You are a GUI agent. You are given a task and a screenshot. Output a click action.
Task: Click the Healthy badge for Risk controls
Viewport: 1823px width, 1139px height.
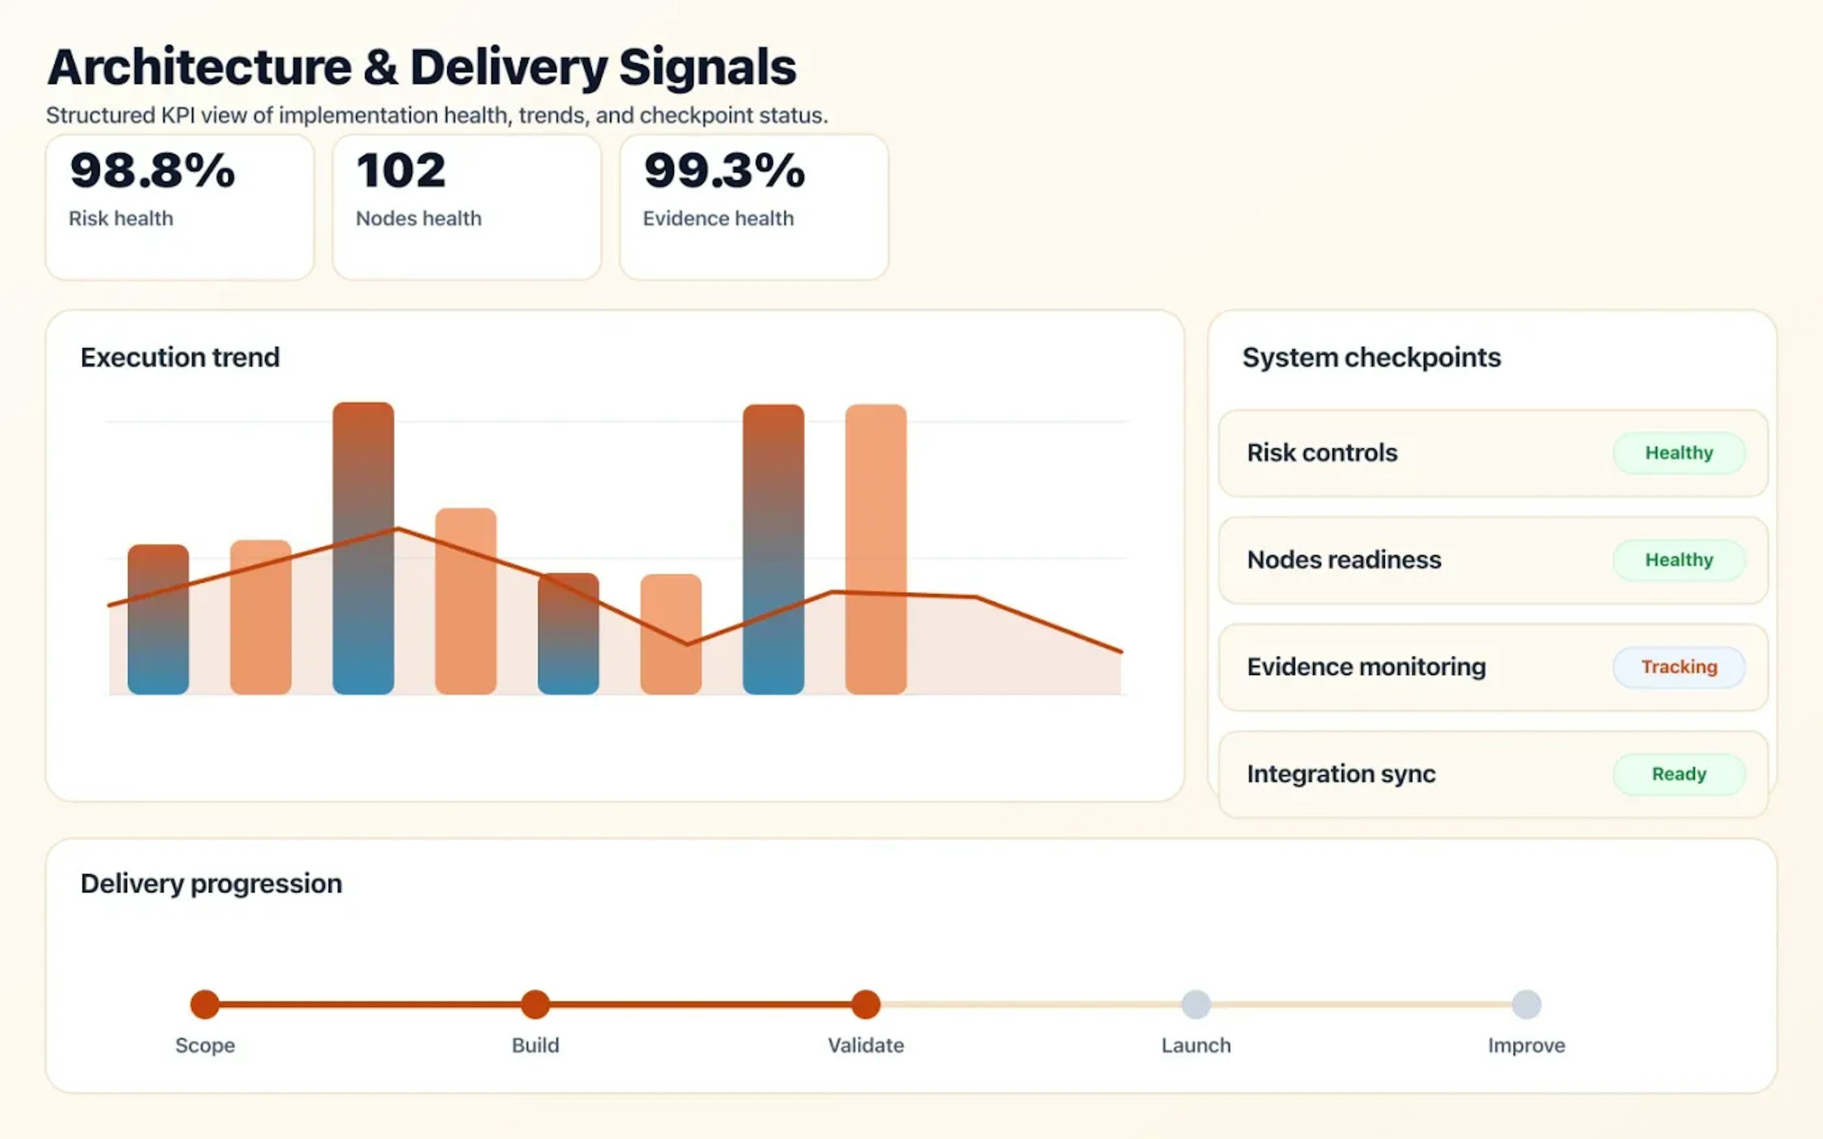click(x=1678, y=453)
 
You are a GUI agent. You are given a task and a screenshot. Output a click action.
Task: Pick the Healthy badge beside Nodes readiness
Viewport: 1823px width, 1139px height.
click(x=1678, y=560)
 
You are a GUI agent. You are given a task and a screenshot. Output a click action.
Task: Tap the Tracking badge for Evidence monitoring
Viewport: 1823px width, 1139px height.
click(x=1678, y=667)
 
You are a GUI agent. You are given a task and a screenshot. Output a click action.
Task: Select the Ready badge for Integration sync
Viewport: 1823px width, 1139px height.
click(x=1678, y=774)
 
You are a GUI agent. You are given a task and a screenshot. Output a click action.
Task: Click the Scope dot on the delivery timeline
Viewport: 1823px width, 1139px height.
click(x=205, y=1004)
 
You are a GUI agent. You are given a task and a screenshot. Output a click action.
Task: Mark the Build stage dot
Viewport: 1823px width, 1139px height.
click(x=535, y=1004)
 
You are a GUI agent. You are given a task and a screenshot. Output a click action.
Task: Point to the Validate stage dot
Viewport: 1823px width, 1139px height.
click(x=865, y=1004)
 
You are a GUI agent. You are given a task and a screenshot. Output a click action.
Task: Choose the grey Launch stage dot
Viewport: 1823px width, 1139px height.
click(x=1195, y=1004)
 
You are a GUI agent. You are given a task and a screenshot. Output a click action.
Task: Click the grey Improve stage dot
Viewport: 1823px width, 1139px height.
click(x=1526, y=1004)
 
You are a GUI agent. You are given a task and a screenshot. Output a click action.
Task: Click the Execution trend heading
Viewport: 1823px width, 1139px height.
click(x=180, y=357)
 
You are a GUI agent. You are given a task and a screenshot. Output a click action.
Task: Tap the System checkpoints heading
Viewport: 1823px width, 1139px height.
click(x=1371, y=357)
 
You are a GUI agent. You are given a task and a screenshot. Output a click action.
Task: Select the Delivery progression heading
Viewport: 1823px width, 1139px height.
click(x=211, y=883)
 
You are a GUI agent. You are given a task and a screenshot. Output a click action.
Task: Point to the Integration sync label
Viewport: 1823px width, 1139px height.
click(x=1341, y=774)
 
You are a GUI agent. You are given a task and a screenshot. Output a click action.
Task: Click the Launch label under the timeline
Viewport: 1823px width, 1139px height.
click(x=1195, y=1045)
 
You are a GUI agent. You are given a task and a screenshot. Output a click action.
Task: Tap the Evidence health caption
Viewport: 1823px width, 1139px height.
click(x=718, y=218)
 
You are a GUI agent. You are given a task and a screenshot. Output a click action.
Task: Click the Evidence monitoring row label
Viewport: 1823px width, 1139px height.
click(x=1366, y=667)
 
